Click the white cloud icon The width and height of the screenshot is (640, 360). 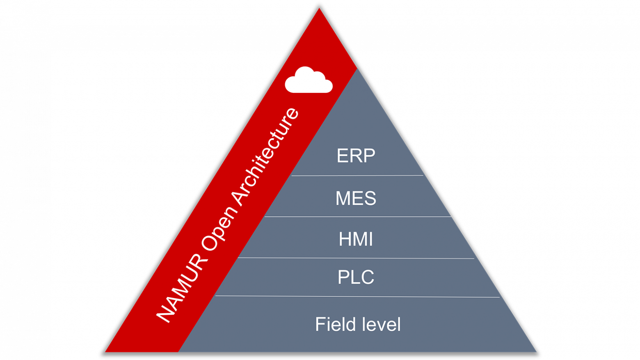coord(309,80)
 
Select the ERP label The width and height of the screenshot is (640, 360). coord(356,156)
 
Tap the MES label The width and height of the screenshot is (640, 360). coord(356,198)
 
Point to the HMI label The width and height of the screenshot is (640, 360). coord(356,239)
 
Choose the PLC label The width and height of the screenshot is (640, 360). coord(356,277)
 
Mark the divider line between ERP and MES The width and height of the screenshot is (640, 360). coord(357,176)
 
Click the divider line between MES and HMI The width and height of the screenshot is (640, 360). coord(357,217)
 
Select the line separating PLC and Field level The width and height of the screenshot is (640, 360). coord(357,296)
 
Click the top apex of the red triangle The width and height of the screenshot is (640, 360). coord(319,9)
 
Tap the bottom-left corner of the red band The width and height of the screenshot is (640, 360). coord(107,351)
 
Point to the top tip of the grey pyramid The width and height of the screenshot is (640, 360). coord(358,69)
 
